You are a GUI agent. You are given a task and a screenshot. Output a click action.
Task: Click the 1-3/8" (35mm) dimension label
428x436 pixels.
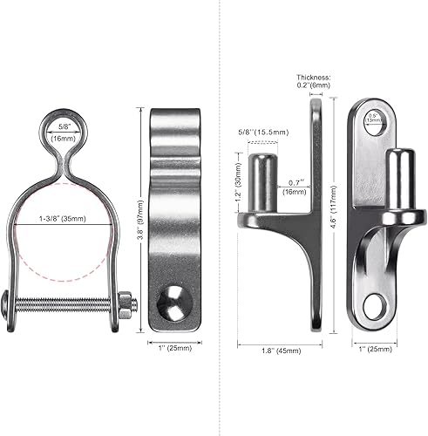[x=65, y=220]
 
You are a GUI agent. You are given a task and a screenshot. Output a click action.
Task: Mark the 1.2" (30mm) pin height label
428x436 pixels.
[x=237, y=185]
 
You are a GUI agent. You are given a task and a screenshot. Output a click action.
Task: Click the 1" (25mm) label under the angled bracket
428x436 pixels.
[x=377, y=351]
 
